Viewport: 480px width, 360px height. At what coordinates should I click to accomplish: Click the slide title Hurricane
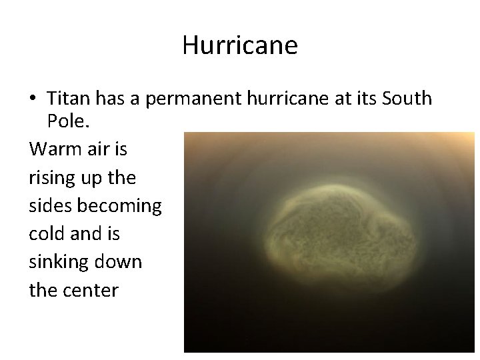[239, 46]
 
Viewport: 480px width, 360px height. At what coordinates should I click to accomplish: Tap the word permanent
[181, 99]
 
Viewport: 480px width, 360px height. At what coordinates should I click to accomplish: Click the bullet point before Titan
[33, 99]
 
